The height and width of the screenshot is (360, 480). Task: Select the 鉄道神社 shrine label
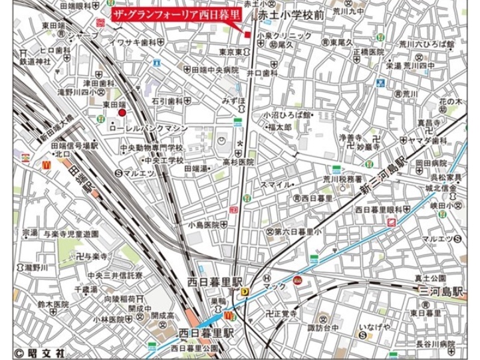[35, 61]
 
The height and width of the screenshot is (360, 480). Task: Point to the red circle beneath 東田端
[122, 114]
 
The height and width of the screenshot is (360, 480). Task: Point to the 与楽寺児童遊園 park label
[70, 234]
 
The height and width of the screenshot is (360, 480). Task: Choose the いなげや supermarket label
[377, 326]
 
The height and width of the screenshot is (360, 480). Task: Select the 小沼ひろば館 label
[288, 114]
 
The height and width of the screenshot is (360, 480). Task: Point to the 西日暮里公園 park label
[194, 347]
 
